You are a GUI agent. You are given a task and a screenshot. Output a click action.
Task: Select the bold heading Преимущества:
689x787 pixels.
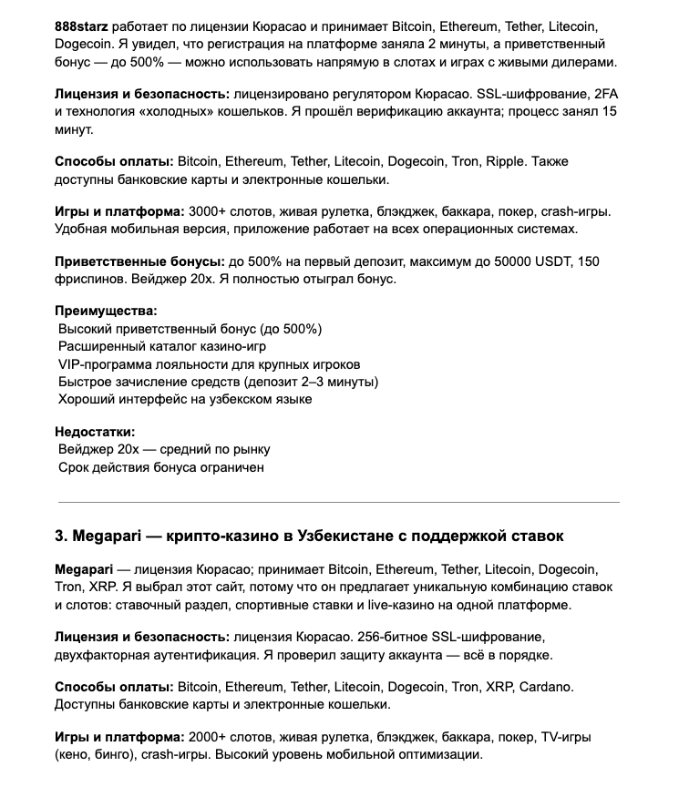point(106,311)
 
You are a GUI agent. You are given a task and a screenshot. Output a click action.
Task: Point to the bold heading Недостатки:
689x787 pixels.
point(95,432)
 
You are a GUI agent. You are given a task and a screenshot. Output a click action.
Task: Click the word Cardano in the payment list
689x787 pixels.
point(545,686)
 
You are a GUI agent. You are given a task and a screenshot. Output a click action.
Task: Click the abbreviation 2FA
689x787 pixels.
point(605,94)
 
